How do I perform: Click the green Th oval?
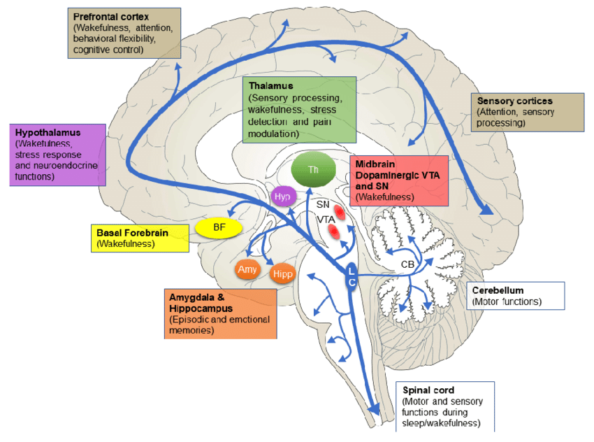coord(313,169)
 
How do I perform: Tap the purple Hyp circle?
coord(283,197)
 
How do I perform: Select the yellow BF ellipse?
coord(219,227)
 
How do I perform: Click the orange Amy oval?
coord(247,269)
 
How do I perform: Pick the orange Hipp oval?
coord(282,273)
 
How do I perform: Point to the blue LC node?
coord(352,277)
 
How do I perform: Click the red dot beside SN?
coord(339,213)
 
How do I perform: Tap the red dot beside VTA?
coord(333,231)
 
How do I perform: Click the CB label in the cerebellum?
coord(407,264)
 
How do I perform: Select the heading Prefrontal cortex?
coord(111,17)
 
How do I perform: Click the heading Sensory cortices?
coord(515,101)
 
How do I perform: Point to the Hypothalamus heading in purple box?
coord(48,133)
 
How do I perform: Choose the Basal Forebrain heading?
coord(132,233)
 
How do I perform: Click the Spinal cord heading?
coord(428,390)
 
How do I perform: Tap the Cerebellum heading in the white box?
coord(498,290)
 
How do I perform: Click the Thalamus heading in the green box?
coord(270,85)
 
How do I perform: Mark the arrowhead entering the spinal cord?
coord(375,409)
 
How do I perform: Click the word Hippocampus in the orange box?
coord(201,308)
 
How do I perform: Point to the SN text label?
coord(323,205)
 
